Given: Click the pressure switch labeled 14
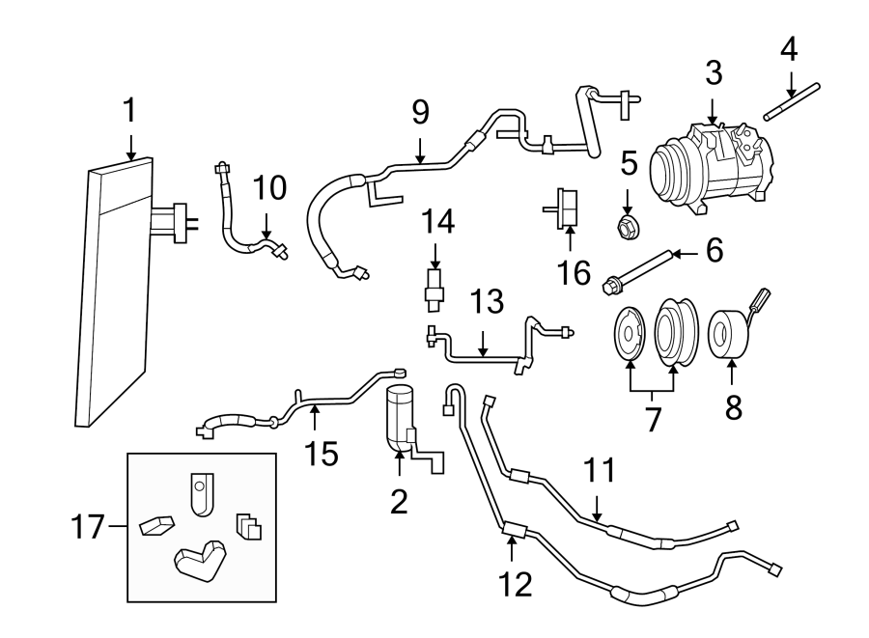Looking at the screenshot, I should coord(434,287).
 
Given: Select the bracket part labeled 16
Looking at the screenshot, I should coord(567,207).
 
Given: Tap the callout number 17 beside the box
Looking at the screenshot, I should coord(89,527).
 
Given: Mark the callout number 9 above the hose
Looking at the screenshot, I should coord(420,112).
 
